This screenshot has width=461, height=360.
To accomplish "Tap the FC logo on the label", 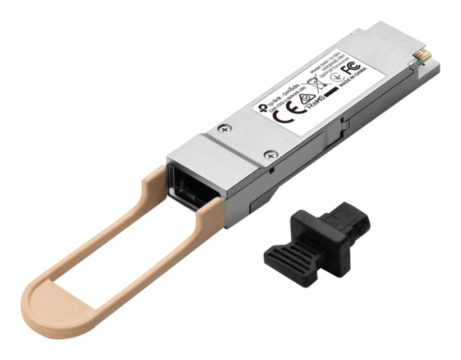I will (350, 67).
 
